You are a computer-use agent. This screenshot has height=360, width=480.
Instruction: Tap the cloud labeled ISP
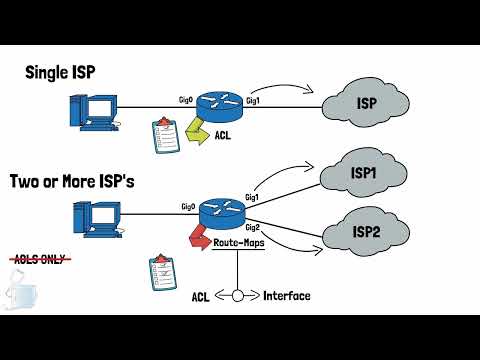(x=367, y=101)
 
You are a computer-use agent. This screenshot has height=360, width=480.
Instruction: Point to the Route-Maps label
(x=239, y=244)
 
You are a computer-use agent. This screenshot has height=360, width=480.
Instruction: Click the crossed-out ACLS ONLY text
(x=35, y=259)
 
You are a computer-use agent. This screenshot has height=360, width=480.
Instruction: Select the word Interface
(x=286, y=296)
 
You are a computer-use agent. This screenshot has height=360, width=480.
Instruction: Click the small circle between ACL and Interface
(x=238, y=296)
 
